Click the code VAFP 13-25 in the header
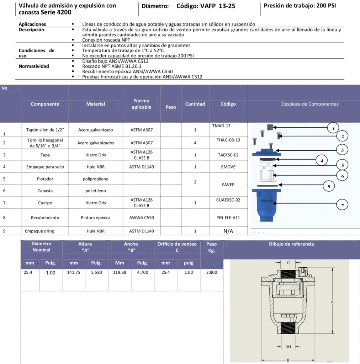[x=206, y=6]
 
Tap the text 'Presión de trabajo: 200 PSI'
[x=300, y=6]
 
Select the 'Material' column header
[x=96, y=104]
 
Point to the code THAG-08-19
[x=228, y=140]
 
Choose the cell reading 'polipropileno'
[x=95, y=179]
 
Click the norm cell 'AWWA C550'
[x=142, y=218]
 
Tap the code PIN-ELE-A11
[x=228, y=218]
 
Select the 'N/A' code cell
[x=228, y=231]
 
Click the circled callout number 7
[x=342, y=205]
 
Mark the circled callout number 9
[x=329, y=186]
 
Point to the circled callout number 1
[x=333, y=128]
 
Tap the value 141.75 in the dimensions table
[x=74, y=273]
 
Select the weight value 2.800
[x=211, y=273]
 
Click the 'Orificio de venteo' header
[x=177, y=244]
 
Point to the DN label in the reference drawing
[x=288, y=347]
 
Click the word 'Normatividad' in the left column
[x=34, y=66]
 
